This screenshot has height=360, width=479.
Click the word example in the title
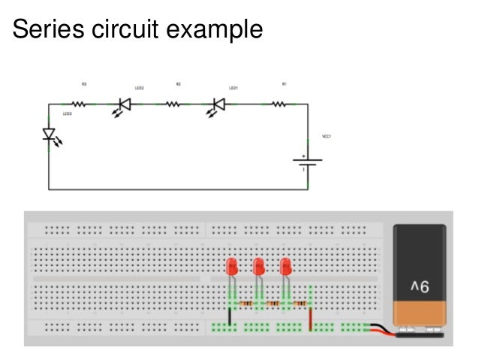(219, 30)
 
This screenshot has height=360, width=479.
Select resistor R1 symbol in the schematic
(278, 104)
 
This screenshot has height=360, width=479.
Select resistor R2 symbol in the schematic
(173, 104)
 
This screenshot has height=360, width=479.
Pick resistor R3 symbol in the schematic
(78, 104)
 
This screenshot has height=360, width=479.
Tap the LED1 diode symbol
(219, 105)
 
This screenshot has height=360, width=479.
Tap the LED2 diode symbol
(125, 105)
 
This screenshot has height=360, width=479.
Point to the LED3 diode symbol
(50, 136)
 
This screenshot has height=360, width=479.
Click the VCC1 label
(326, 137)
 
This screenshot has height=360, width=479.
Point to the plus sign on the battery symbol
(303, 156)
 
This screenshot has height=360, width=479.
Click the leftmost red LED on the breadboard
(232, 267)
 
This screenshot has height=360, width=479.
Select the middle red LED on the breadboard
(259, 267)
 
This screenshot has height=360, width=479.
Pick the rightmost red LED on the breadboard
(285, 267)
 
